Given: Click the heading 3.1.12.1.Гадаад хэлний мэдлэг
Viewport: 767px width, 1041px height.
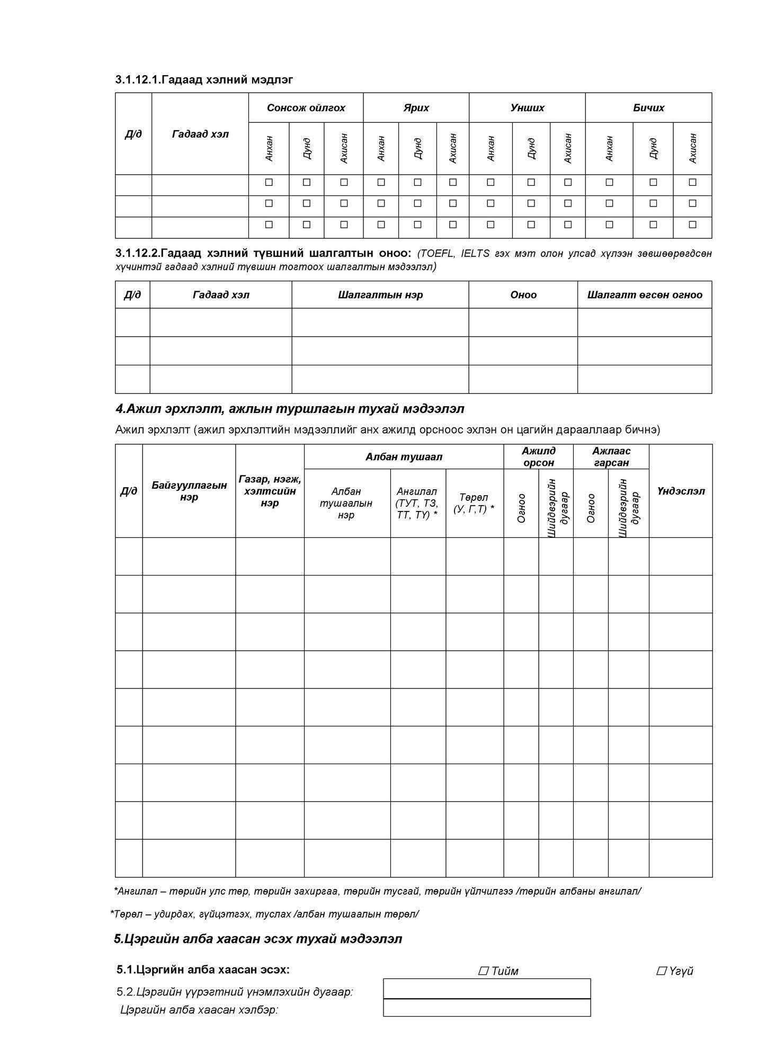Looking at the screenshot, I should point(204,80).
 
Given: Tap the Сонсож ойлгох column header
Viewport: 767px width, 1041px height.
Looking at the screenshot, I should point(306,108).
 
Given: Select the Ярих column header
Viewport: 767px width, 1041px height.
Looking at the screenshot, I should point(416,108).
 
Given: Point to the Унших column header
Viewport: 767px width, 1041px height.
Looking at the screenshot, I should point(527,108).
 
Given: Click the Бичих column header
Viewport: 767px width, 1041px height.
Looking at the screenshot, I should point(648,108).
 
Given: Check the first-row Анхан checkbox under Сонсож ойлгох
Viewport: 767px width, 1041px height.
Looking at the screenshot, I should point(269,183).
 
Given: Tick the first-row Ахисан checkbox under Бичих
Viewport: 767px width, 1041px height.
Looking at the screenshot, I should point(692,183).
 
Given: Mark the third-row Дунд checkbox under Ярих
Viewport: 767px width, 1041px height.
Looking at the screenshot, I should point(417,225).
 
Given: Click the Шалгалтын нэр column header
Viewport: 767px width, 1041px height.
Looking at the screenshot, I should point(380,295).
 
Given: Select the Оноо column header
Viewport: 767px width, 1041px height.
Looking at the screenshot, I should point(523,295).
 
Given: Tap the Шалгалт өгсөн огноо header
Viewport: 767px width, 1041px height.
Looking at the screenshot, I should point(645,295).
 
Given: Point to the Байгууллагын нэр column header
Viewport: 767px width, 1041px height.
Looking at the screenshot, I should point(189,491).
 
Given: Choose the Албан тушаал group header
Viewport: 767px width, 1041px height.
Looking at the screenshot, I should point(404,457).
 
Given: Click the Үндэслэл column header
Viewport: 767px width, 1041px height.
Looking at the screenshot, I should point(681,491).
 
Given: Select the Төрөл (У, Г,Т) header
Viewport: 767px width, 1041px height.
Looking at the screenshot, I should point(474,503).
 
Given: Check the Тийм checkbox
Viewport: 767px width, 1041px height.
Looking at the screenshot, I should point(483,971).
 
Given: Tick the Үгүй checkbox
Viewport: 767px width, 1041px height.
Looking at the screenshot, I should point(661,971).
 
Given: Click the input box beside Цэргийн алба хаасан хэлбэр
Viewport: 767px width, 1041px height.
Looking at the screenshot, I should point(487,1008).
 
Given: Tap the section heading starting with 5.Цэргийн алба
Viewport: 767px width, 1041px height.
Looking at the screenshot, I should point(258,939).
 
